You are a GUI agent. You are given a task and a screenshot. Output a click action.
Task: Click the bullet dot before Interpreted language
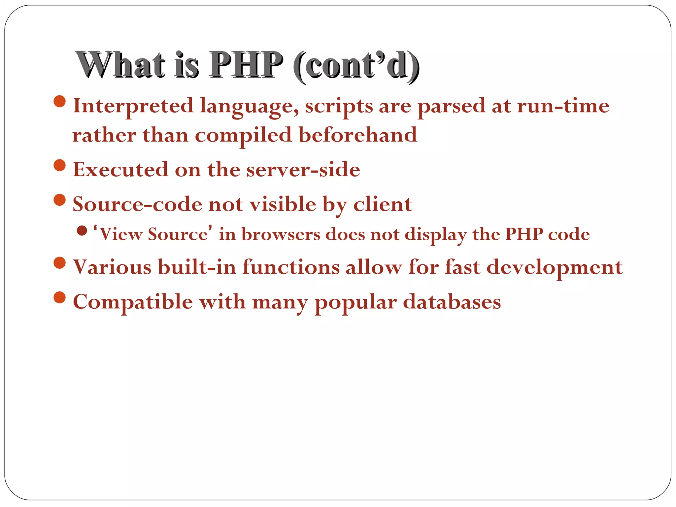point(59,101)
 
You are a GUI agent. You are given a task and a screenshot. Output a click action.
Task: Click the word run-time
point(563,106)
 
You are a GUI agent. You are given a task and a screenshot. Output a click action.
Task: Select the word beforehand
point(358,135)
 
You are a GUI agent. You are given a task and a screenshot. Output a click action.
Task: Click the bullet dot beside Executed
point(59,165)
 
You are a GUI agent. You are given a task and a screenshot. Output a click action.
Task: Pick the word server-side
point(303,170)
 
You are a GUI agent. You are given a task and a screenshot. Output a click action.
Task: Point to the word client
point(383,204)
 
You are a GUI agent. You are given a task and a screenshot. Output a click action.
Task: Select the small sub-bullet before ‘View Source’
point(82,230)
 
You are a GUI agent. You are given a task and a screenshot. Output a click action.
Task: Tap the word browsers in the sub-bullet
point(281,234)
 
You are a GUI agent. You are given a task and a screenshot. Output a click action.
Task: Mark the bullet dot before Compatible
point(59,297)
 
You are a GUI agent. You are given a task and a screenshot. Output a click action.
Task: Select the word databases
point(452,302)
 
